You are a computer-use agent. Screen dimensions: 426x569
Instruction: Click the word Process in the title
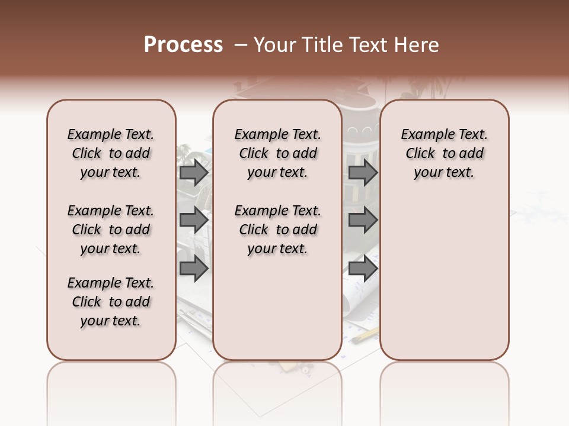183,45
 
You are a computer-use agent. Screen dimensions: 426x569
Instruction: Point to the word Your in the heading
276,45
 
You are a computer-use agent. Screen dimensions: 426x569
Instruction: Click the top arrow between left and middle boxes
194,173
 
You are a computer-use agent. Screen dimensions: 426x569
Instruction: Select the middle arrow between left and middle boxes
194,221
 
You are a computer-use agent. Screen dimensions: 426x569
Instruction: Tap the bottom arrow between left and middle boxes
194,269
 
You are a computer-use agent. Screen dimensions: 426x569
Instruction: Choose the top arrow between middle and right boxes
363,173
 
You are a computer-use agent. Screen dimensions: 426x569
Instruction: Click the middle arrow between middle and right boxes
363,221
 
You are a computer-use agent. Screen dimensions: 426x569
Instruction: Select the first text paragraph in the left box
111,153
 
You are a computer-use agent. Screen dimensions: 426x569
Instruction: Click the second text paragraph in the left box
111,230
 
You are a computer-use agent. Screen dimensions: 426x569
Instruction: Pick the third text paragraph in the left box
111,302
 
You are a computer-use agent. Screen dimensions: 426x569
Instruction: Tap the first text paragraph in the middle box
277,153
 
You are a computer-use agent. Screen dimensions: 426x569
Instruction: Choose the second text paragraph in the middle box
277,230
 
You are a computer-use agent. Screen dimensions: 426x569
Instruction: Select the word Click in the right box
420,154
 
